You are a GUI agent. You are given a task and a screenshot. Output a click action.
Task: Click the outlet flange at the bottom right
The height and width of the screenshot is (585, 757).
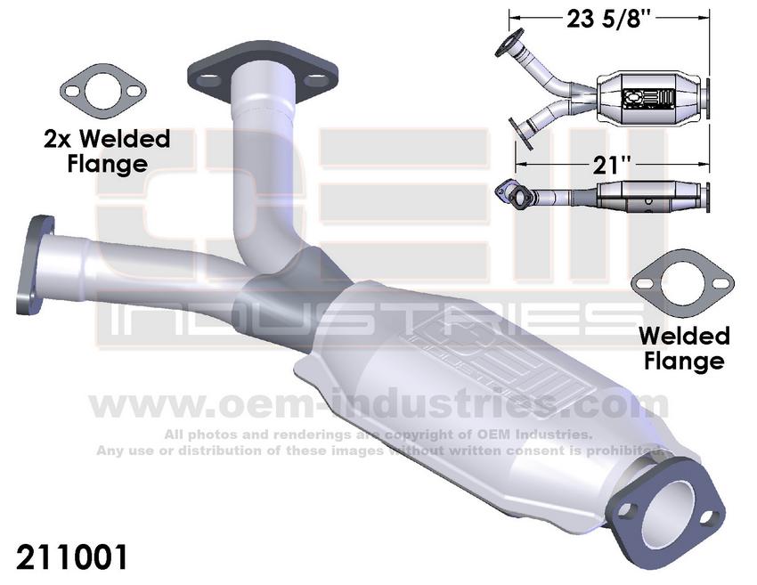coord(664,499)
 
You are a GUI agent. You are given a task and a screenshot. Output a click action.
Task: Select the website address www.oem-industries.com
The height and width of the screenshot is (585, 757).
coord(378,406)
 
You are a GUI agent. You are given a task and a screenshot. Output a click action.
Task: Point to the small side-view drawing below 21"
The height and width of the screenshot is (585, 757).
coord(606,196)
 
